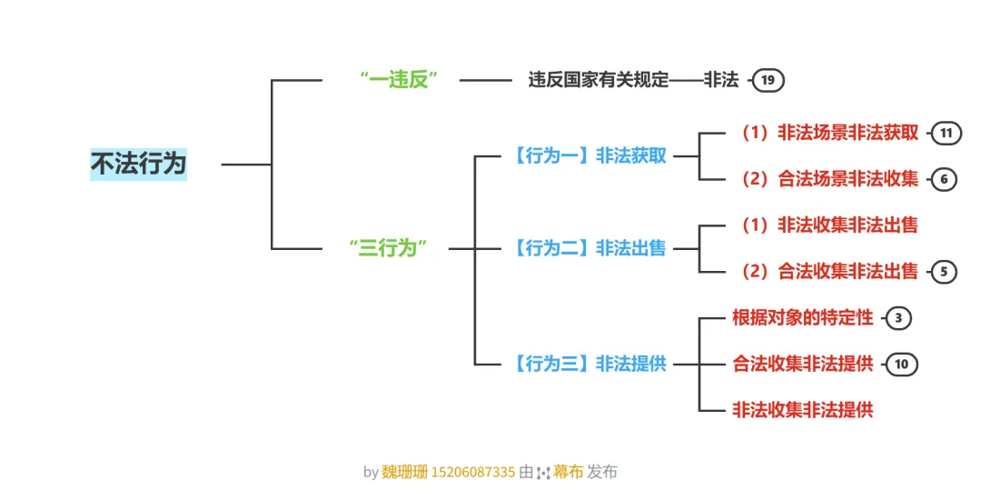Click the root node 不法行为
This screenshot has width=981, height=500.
pyautogui.click(x=138, y=165)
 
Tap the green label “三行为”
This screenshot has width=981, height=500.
pyautogui.click(x=388, y=248)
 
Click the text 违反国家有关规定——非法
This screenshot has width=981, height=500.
pyautogui.click(x=633, y=80)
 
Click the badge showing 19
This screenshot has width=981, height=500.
pyautogui.click(x=768, y=81)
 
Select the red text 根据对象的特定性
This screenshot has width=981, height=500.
pyautogui.click(x=802, y=317)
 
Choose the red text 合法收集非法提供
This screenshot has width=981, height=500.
pyautogui.click(x=802, y=364)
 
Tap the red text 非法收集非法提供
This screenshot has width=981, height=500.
pyautogui.click(x=802, y=410)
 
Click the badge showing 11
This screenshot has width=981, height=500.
pyautogui.click(x=946, y=134)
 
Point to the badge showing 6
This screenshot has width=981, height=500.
pyautogui.click(x=944, y=180)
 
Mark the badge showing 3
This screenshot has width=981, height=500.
pyautogui.click(x=897, y=318)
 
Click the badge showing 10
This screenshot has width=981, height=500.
pyautogui.click(x=901, y=365)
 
